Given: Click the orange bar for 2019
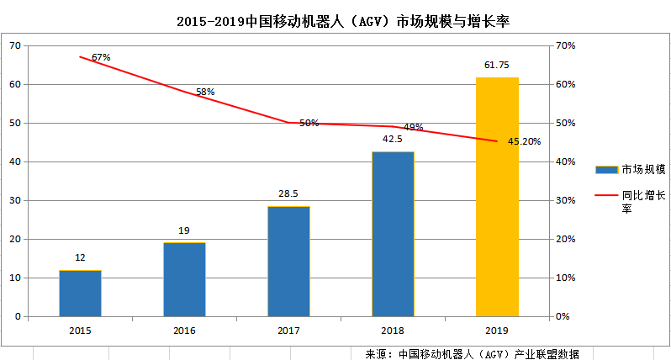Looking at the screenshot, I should pos(497,197).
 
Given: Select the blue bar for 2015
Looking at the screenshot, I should pos(80,294).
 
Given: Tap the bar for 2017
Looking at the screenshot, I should pos(288,262).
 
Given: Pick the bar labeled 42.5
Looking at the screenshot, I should pos(393,234).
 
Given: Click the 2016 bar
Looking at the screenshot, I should pos(184,279).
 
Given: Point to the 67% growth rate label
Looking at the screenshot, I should pos(101,57).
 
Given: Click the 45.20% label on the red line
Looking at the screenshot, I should pos(524,141).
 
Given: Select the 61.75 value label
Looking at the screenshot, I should pos(497,64).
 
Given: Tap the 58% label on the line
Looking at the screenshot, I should pos(205,92).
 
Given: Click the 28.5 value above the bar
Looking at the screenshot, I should pos(288,193).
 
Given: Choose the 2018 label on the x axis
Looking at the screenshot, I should pos(393,331).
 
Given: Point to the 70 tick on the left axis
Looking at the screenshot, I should pos(14,45).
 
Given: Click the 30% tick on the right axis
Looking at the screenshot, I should pos(564,200).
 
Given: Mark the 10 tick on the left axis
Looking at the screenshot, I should pos(14,278).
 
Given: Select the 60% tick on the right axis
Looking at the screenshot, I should pos(564,84).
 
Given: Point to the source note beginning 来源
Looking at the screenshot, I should pos(472,353).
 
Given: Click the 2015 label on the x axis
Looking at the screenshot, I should pos(80,331).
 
